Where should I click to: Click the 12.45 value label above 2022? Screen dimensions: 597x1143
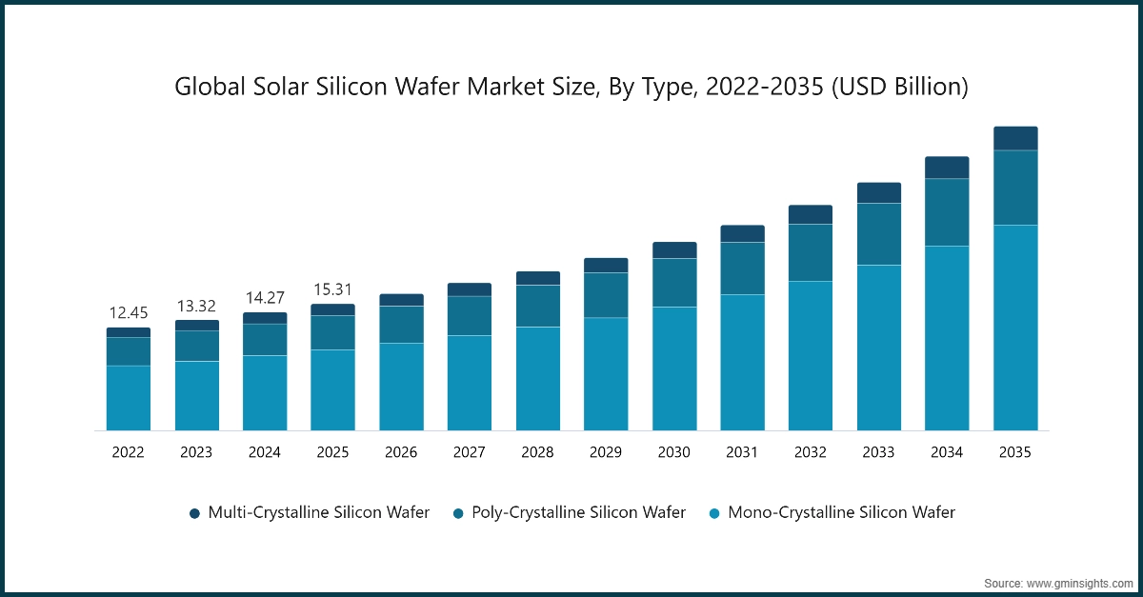click(x=128, y=313)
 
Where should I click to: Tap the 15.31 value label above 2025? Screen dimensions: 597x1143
click(x=332, y=289)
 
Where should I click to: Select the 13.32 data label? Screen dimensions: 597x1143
click(x=196, y=306)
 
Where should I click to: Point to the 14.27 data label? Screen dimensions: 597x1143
click(x=265, y=297)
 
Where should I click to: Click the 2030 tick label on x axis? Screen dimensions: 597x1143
click(x=673, y=453)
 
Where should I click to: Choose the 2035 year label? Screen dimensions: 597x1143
click(x=1015, y=453)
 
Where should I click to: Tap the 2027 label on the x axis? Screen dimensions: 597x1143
click(x=469, y=453)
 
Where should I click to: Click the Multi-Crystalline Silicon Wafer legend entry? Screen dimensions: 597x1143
click(x=310, y=512)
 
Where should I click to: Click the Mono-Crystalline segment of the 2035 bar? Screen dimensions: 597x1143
click(x=1015, y=328)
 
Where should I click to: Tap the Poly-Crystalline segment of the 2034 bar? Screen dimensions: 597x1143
click(x=947, y=212)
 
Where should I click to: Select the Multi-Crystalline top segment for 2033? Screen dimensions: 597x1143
click(x=878, y=192)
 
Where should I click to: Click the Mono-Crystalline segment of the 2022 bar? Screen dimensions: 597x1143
click(x=128, y=398)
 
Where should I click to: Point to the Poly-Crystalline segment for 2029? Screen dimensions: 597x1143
click(x=606, y=295)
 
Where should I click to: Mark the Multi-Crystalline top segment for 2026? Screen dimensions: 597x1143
click(x=401, y=300)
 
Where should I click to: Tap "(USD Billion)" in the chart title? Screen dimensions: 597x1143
click(x=900, y=88)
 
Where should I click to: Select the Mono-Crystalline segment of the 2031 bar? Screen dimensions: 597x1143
click(x=742, y=362)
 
